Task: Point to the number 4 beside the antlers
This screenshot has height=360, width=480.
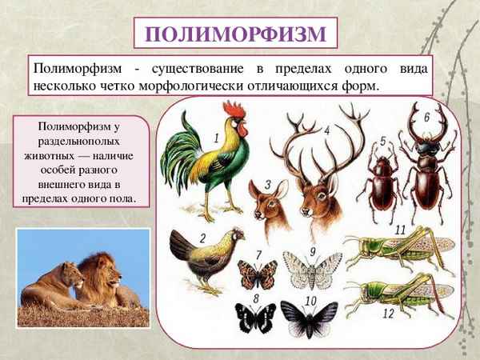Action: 326,130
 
